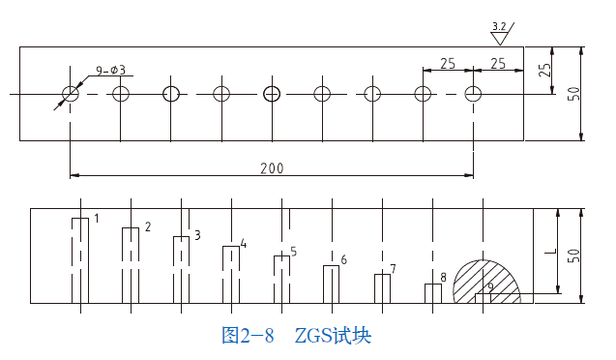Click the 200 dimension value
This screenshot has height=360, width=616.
tap(272, 168)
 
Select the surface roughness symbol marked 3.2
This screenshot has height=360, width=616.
tap(499, 33)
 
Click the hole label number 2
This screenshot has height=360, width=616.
tap(147, 227)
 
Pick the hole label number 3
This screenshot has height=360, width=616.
tap(197, 235)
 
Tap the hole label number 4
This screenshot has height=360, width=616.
tap(243, 244)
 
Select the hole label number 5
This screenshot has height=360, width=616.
tap(293, 252)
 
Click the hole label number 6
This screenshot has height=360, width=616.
tap(343, 260)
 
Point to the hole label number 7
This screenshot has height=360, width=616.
tap(393, 269)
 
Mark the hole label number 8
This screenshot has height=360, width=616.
tap(443, 278)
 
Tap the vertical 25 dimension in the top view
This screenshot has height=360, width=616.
tap(544, 70)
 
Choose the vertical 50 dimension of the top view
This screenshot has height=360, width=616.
tap(573, 94)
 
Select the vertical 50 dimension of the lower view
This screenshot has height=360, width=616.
tap(573, 255)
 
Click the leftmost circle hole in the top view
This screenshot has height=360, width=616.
tap(71, 94)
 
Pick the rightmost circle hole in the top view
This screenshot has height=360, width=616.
tap(473, 94)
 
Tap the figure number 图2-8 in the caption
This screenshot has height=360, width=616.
tap(249, 336)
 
